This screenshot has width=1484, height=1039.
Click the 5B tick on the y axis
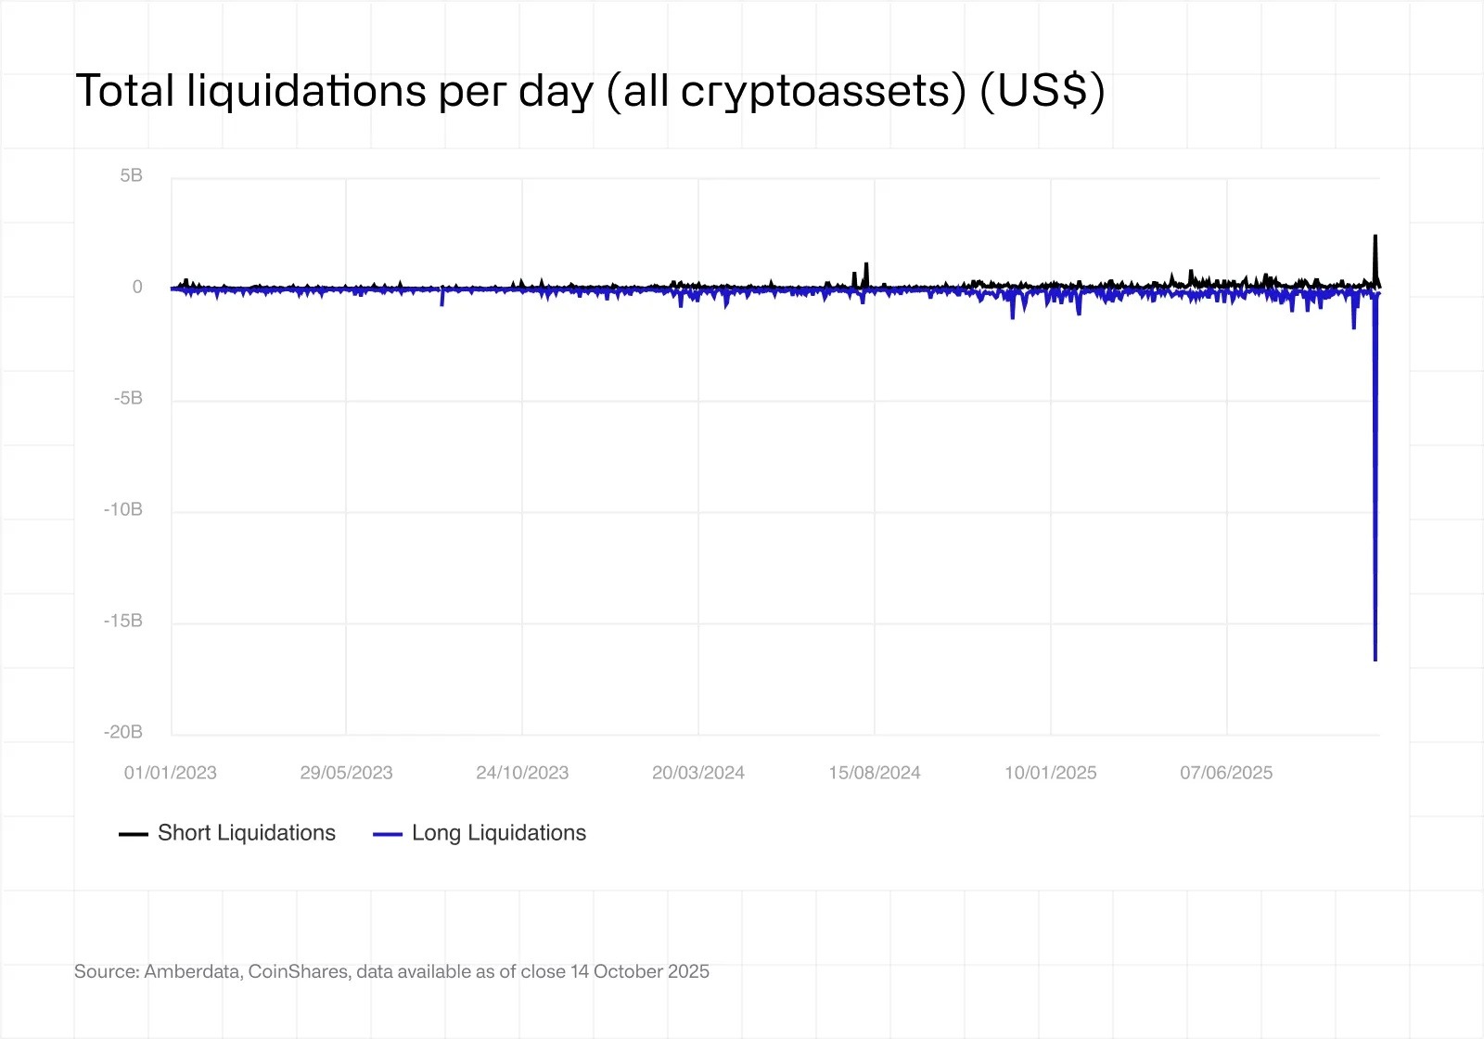131,175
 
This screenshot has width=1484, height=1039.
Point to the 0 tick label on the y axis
137,287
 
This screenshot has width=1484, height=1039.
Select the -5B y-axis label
128,398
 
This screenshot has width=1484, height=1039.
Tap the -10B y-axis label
123,509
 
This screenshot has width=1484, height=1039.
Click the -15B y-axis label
123,621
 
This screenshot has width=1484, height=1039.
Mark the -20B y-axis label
123,732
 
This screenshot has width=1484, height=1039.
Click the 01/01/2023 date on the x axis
171,773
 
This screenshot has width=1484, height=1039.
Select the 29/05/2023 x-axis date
346,773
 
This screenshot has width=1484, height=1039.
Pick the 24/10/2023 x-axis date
522,773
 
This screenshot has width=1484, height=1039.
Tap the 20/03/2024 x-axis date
698,773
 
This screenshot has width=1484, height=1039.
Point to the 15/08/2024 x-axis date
875,773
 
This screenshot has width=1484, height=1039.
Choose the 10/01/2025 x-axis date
1050,773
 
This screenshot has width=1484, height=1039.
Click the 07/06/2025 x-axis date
1226,773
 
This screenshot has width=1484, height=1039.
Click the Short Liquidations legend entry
246,833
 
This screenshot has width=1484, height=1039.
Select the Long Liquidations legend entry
498,833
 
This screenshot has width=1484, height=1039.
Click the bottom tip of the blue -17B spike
1375,660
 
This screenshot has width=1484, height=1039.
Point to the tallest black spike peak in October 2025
1375,237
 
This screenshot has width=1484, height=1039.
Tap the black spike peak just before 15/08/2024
866,264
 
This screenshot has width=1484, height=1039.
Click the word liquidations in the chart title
306,91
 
